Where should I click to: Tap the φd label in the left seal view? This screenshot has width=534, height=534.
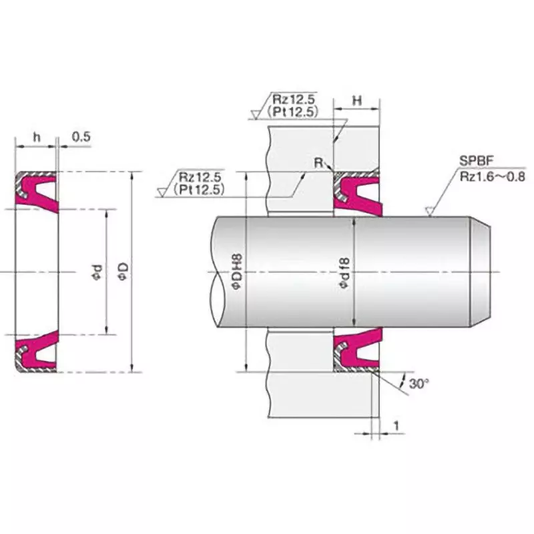pos(97,271)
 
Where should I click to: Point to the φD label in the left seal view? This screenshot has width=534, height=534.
pos(122,271)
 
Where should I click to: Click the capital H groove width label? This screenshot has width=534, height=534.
pos(356,100)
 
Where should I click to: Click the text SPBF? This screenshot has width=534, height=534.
pos(473,161)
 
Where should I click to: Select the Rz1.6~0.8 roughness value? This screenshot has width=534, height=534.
pos(493,176)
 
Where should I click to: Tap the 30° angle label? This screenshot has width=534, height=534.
pos(419,384)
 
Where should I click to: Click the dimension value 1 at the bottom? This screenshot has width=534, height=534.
pos(396,425)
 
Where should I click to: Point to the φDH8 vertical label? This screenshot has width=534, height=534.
pos(236,271)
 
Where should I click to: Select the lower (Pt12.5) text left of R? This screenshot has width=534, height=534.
pos(198,190)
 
